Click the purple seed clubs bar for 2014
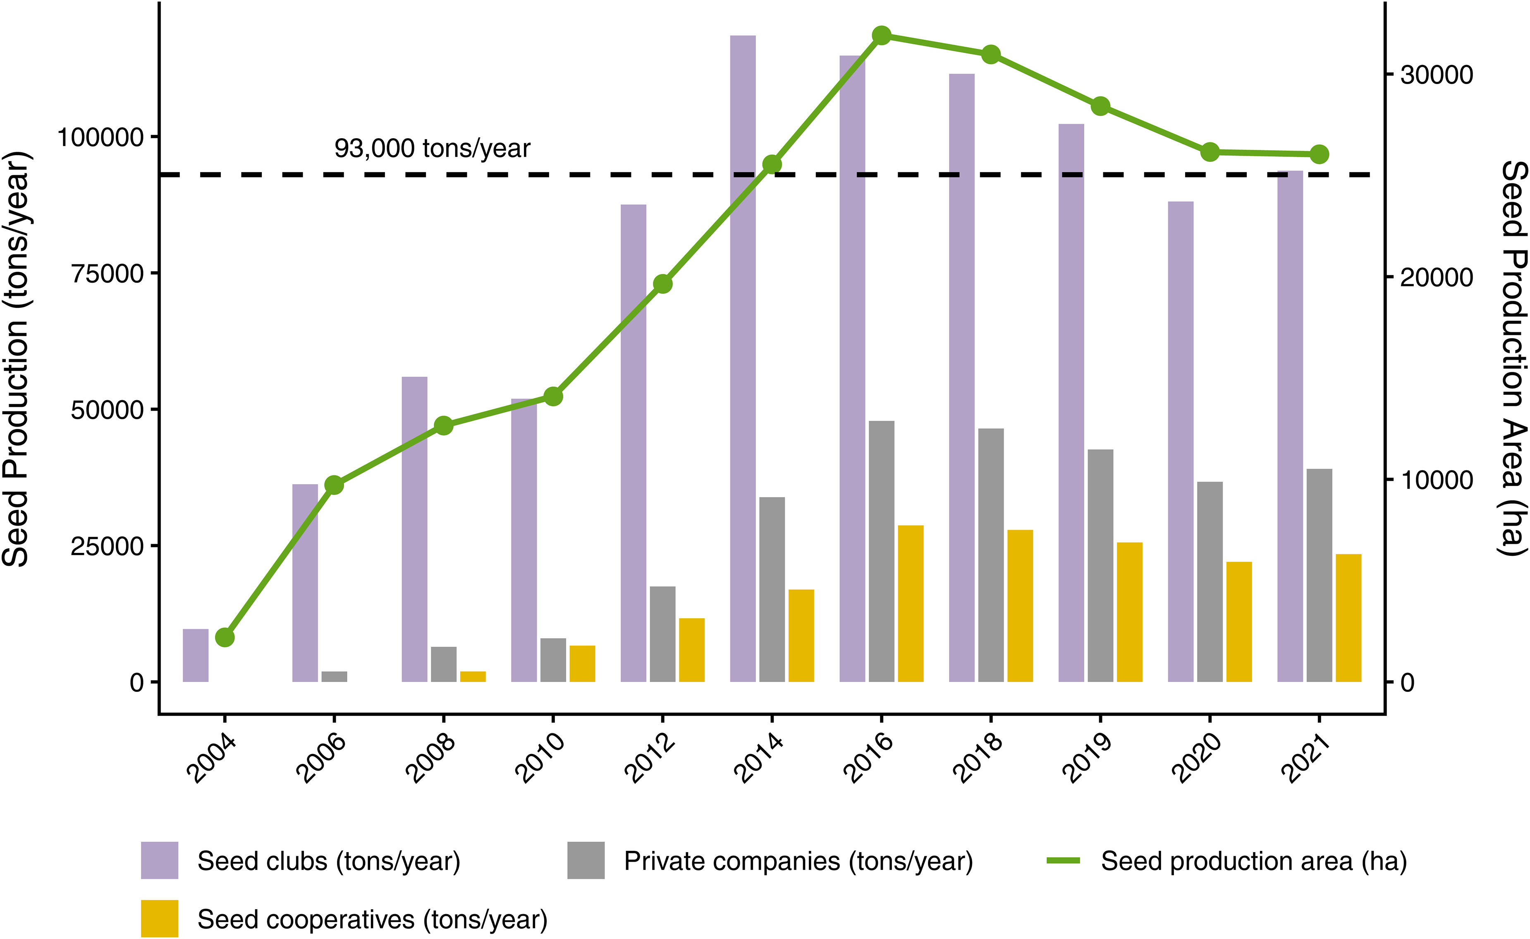(743, 358)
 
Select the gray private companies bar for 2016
(882, 551)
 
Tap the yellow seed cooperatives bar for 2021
(1349, 618)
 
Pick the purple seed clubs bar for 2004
(196, 656)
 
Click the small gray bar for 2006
(334, 677)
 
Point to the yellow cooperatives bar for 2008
(473, 677)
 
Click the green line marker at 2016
(882, 36)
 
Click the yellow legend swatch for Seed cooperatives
(160, 918)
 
